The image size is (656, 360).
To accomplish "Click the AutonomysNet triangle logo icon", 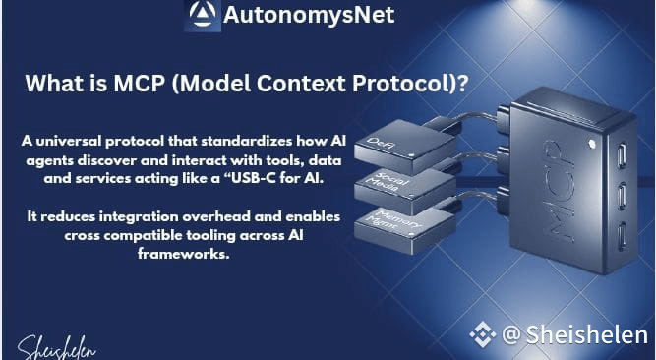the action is (203, 15).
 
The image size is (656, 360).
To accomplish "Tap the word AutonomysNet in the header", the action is (309, 15).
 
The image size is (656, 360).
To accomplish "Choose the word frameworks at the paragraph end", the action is (184, 254).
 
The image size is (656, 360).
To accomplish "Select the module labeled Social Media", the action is (404, 191).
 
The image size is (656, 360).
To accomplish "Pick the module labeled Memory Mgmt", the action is (404, 229).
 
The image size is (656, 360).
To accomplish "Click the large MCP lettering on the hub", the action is (559, 192).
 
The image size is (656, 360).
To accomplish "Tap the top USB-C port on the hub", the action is (622, 155).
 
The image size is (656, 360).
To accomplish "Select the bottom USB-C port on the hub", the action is (622, 236).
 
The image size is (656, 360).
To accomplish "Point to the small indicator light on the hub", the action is (591, 144).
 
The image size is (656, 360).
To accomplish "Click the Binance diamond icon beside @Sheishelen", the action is (482, 334).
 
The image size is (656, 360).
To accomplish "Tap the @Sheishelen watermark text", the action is (574, 334).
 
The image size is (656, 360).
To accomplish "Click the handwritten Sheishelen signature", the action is (56, 348).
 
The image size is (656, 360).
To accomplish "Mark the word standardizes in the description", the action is (247, 141).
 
